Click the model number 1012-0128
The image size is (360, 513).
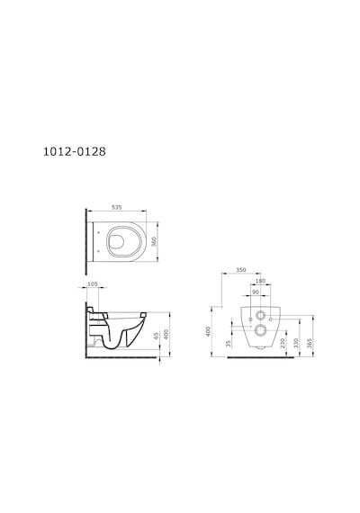75,151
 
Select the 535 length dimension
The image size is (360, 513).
117,207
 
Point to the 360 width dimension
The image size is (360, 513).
154,241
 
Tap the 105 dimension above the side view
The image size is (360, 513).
93,284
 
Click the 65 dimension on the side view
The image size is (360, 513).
156,336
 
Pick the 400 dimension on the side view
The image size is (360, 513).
166,334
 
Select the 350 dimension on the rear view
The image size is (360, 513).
241,270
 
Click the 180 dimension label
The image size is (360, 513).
260,281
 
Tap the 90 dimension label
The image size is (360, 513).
256,292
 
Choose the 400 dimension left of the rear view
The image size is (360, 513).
208,331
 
